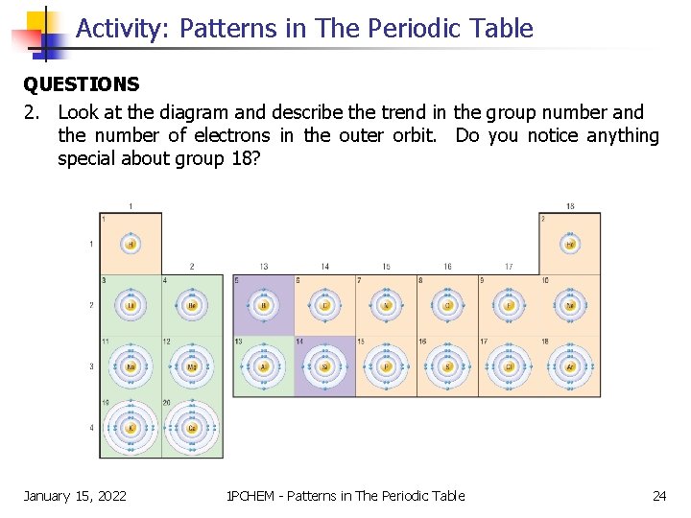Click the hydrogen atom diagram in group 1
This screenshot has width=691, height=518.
pos(131,244)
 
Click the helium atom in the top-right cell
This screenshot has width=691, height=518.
pos(570,245)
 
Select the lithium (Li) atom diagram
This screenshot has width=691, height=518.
pos(131,305)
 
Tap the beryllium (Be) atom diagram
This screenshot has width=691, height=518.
pos(192,305)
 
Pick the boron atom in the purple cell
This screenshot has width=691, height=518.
pos(264,306)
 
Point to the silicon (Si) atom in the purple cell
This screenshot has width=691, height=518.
pos(324,366)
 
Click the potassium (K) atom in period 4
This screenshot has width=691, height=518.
pos(131,427)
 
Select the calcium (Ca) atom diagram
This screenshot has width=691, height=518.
pos(192,427)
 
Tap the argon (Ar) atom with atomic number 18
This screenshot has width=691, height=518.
pos(570,366)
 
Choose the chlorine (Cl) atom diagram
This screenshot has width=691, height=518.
pos(509,366)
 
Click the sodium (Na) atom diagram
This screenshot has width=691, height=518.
pos(131,366)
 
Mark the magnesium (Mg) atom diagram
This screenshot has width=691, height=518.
pos(192,366)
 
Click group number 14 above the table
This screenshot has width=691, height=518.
pos(325,267)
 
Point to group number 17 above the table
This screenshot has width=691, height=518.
pos(509,267)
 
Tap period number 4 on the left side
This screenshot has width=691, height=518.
pos(92,427)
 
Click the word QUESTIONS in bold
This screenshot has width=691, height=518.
pos(82,85)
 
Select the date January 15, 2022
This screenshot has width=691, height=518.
pos(75,495)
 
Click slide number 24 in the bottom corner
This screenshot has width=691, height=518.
pos(659,495)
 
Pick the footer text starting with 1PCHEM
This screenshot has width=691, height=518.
pos(345,495)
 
